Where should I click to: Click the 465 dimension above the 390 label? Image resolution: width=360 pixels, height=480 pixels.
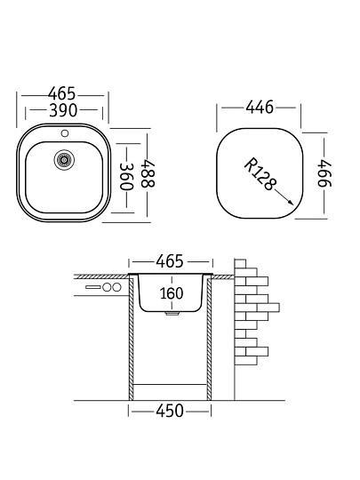click(61, 93)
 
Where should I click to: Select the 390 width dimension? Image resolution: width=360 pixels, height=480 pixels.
click(63, 110)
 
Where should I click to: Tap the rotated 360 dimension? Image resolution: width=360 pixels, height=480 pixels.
click(126, 177)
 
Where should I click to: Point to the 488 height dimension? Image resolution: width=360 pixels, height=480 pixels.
click(148, 173)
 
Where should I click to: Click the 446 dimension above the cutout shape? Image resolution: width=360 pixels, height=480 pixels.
click(260, 108)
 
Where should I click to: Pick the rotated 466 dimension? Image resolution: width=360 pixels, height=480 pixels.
click(324, 172)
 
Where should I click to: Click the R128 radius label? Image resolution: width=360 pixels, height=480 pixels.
click(260, 174)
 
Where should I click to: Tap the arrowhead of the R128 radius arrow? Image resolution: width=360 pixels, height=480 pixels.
click(290, 203)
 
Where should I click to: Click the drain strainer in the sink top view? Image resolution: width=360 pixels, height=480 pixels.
click(64, 160)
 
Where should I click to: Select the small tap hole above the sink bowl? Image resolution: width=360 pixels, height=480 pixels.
click(65, 133)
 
